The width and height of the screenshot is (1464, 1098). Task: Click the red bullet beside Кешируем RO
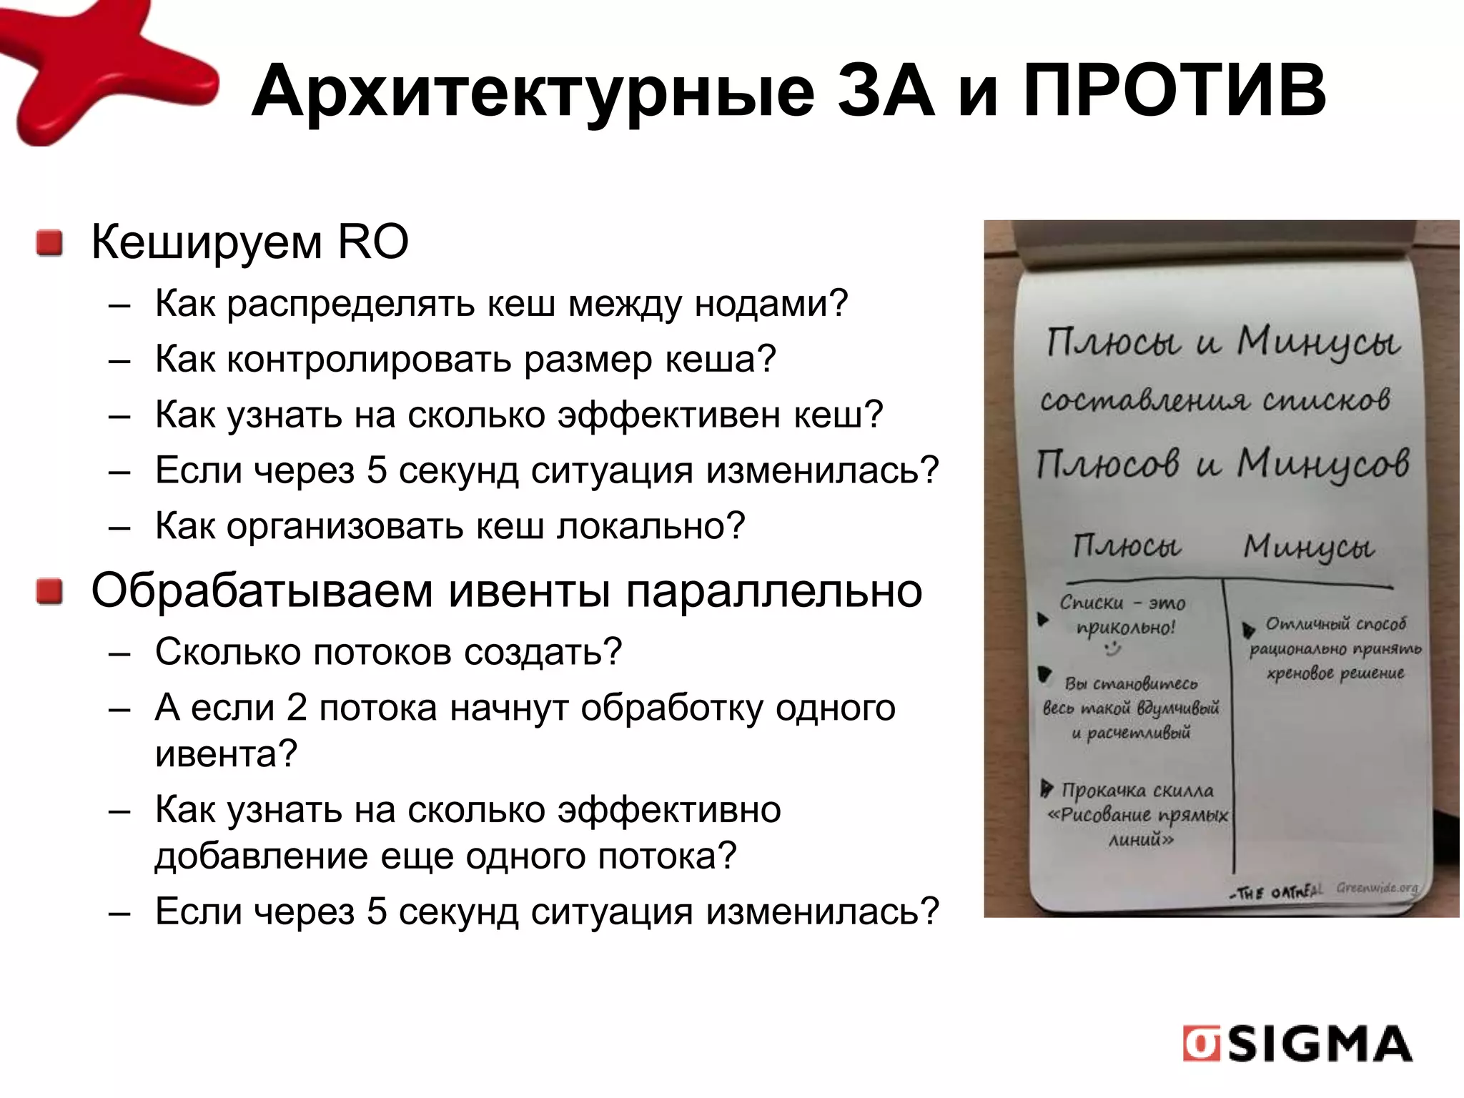50,243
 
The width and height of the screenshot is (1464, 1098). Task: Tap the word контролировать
370,359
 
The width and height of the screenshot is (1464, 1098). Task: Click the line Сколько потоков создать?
388,651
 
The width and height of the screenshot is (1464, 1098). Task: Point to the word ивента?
226,753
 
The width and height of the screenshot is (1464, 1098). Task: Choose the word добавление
262,856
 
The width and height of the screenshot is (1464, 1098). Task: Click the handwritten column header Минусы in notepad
1308,548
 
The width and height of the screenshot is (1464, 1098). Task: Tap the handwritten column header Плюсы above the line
1127,546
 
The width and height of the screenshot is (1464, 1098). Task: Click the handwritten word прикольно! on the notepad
1125,628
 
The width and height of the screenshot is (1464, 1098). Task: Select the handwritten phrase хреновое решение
1335,673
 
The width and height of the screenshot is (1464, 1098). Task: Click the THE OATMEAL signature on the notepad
1277,892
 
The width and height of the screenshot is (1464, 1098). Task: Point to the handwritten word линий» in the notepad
1141,841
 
